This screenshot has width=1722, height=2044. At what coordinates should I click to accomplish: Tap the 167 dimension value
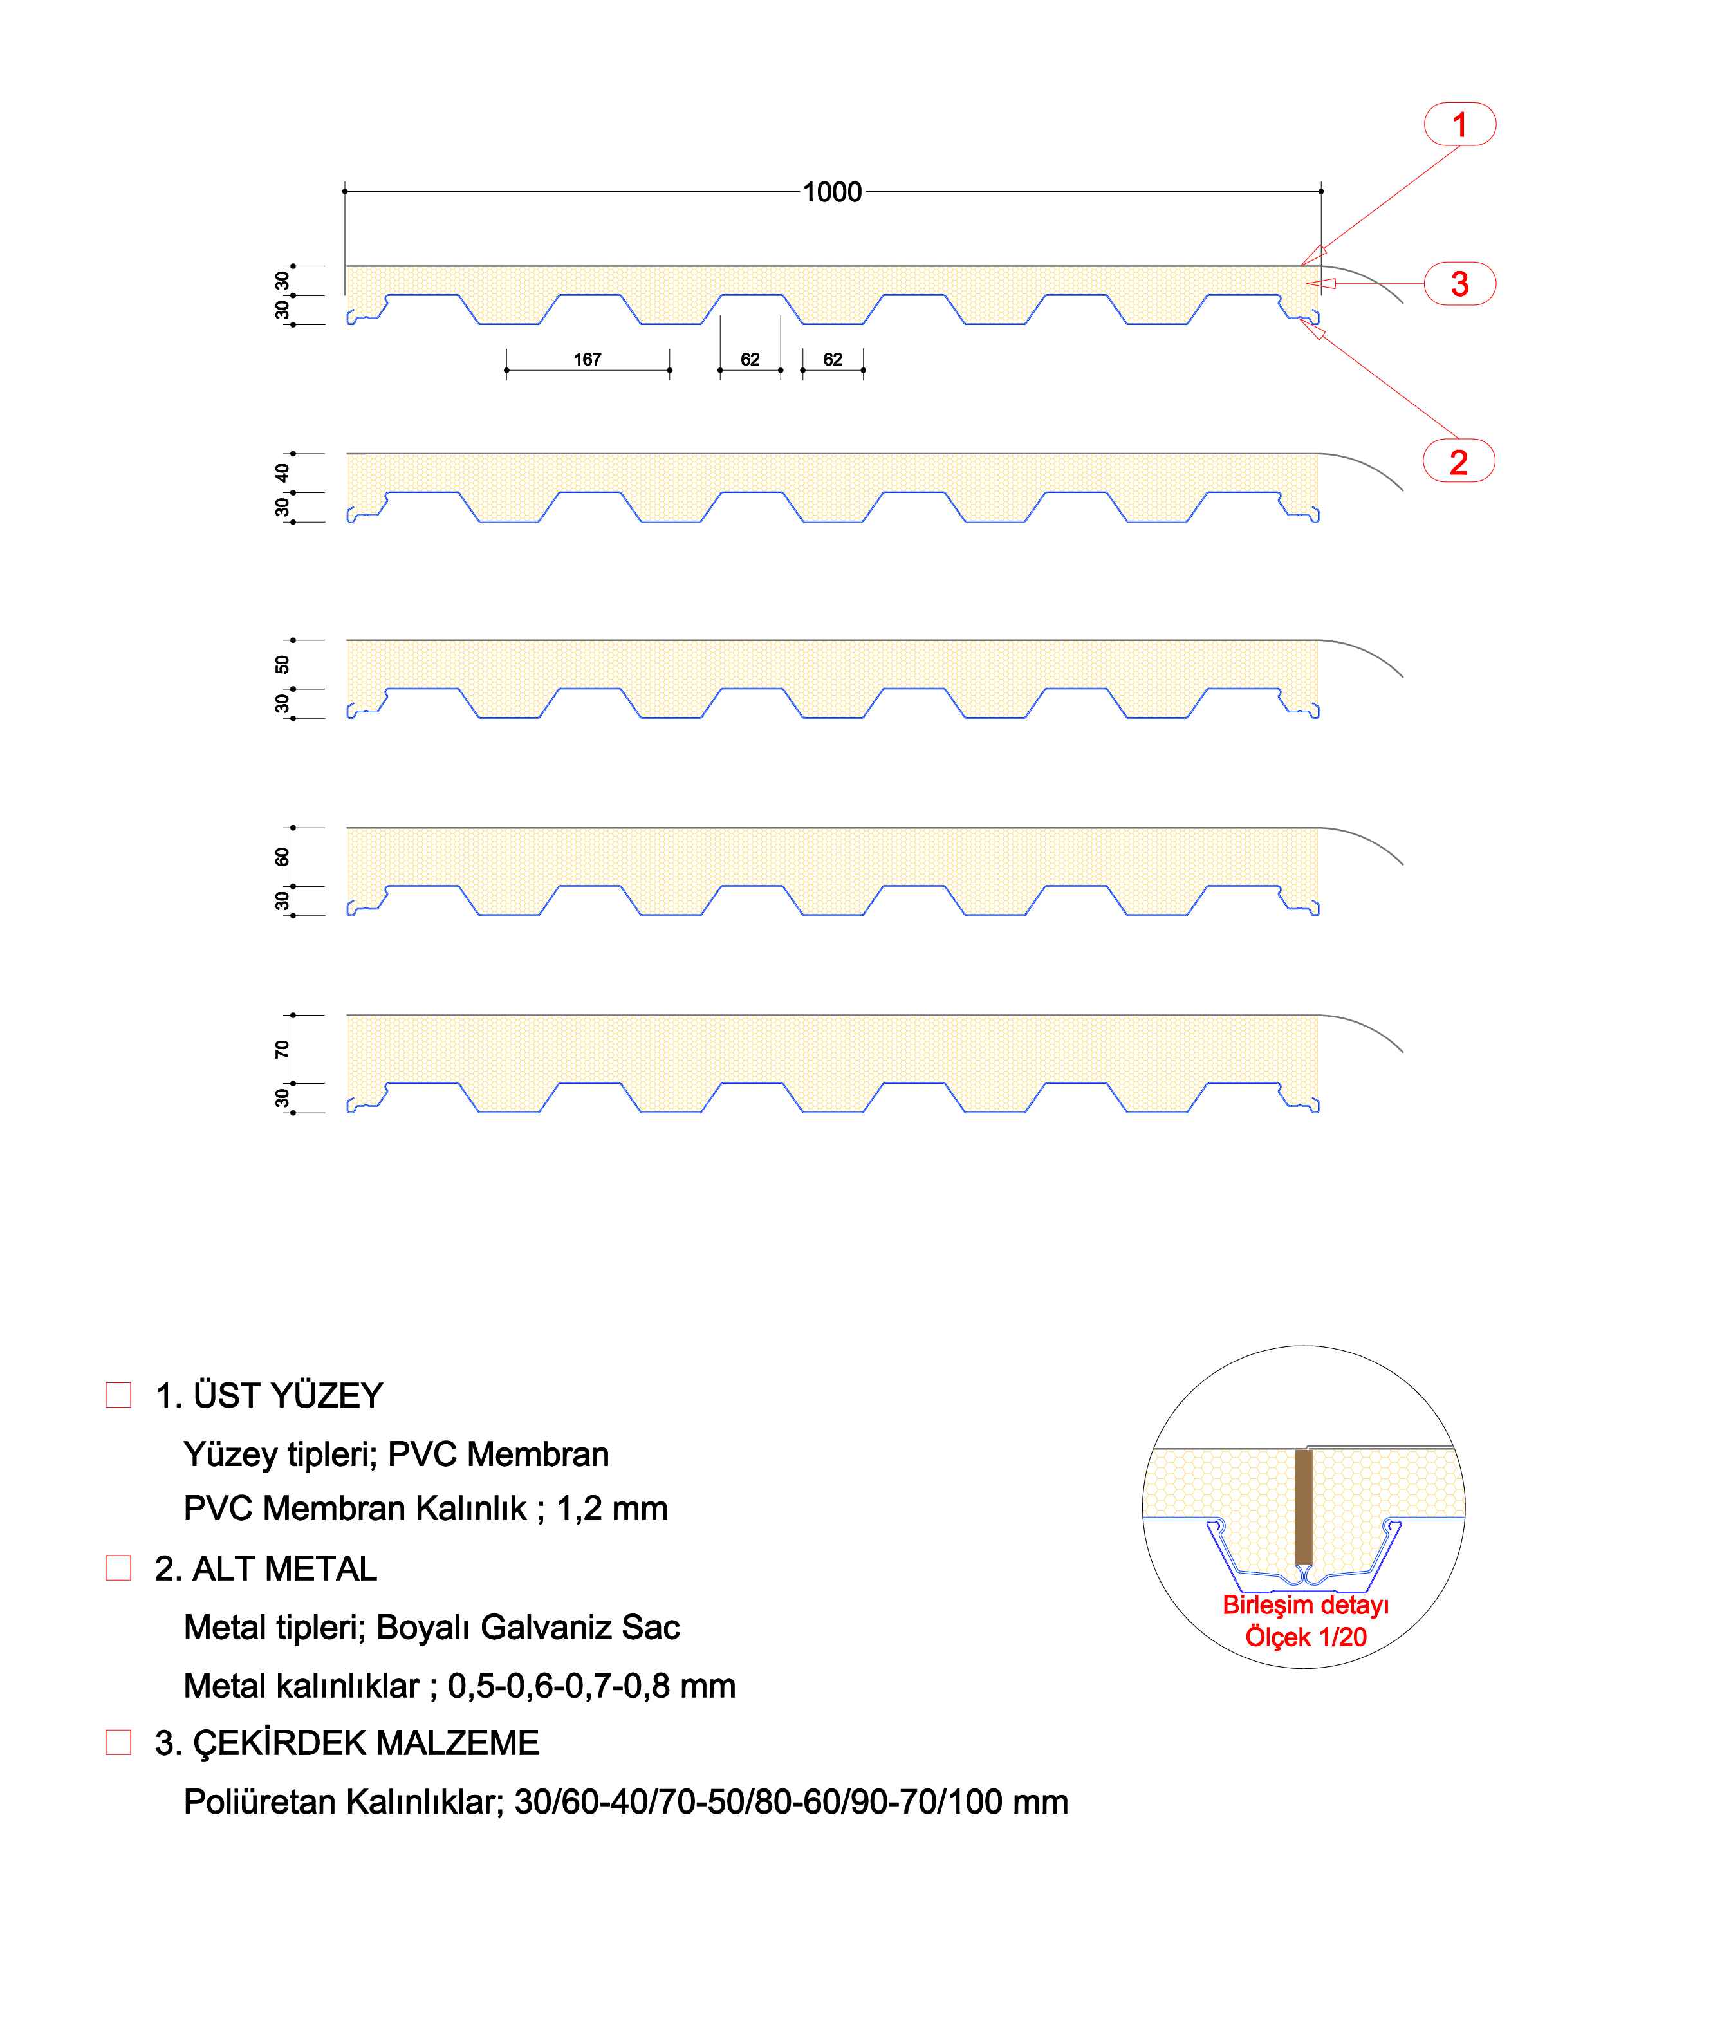588,359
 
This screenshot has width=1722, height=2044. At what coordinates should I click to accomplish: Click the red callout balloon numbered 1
1459,124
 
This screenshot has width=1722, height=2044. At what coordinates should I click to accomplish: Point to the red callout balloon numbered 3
1459,284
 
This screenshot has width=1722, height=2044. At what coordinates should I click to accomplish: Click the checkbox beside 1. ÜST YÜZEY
118,1395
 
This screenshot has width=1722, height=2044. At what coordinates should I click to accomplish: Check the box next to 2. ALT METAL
118,1568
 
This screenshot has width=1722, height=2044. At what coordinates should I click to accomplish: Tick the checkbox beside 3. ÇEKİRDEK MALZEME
118,1742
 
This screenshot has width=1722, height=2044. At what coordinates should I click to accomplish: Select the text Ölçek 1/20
1305,1637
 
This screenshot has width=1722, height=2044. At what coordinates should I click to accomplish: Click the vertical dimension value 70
282,1049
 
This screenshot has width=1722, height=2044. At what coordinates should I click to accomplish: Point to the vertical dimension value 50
282,665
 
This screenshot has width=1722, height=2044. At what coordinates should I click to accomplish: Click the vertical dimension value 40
282,472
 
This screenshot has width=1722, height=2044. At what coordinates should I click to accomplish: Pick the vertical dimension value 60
282,857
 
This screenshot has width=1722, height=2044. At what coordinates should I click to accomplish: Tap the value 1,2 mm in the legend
612,1509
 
